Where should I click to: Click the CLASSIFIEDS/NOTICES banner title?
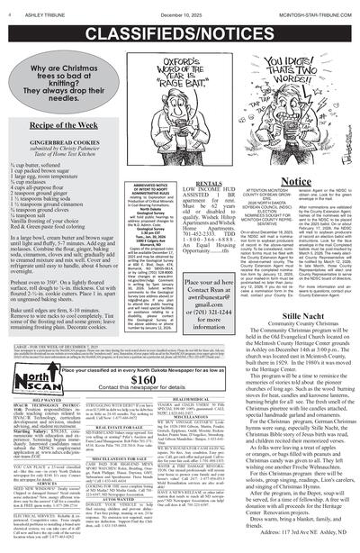[x=180, y=30]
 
